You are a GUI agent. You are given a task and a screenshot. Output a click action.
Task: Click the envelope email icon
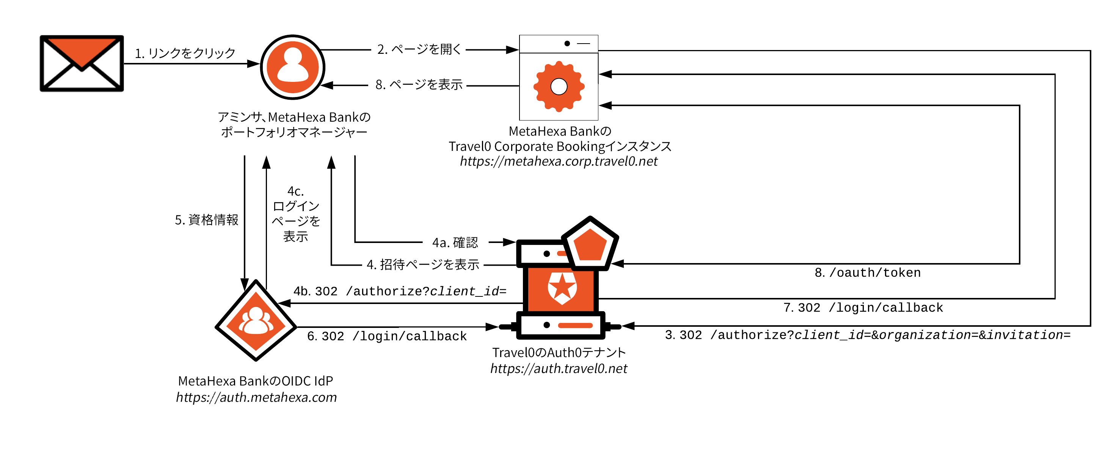[x=82, y=63]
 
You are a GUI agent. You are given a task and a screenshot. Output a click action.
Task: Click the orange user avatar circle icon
[x=292, y=67]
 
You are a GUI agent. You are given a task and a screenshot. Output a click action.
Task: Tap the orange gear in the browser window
[x=559, y=86]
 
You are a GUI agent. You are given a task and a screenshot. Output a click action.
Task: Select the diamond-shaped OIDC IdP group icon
[x=256, y=321]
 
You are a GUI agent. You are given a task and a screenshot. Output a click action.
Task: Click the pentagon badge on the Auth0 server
[x=590, y=244]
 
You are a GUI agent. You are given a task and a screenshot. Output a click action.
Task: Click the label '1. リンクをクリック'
[x=185, y=53]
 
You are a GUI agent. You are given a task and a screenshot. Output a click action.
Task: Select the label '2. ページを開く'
[x=419, y=49]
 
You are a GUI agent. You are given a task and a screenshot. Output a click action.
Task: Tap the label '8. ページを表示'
[x=419, y=84]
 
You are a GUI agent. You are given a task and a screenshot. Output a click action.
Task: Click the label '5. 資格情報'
[x=206, y=220]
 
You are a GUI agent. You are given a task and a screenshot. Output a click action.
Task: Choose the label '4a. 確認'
[x=455, y=242]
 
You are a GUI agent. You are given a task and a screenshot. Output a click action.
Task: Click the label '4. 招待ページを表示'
[x=423, y=264]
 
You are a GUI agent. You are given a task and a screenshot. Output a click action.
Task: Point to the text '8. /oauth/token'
[x=868, y=273]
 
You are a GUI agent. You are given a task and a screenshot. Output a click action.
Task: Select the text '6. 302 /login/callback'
[x=387, y=336]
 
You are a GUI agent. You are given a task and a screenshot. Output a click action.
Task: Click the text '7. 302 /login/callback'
[x=863, y=307]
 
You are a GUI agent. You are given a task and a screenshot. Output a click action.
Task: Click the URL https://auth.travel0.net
[x=559, y=368]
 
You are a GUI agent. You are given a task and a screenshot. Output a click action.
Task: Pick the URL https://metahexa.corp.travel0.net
[x=559, y=161]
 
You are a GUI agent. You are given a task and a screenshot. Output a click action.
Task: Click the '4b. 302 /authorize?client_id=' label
[x=400, y=291]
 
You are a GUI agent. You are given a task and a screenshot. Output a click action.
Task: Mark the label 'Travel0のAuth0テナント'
[x=559, y=352]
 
